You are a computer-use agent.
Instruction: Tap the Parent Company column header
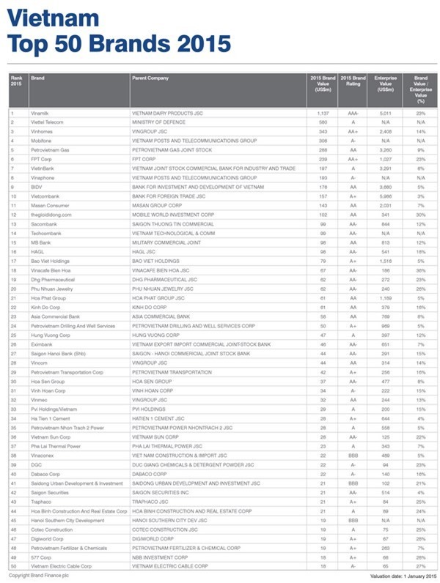tap(150, 77)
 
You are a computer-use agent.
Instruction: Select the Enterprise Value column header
tap(385, 81)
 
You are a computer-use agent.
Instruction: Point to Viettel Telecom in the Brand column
tap(48, 122)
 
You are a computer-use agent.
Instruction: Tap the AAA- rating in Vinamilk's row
tap(353, 114)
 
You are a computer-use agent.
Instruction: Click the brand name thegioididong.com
tap(51, 215)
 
